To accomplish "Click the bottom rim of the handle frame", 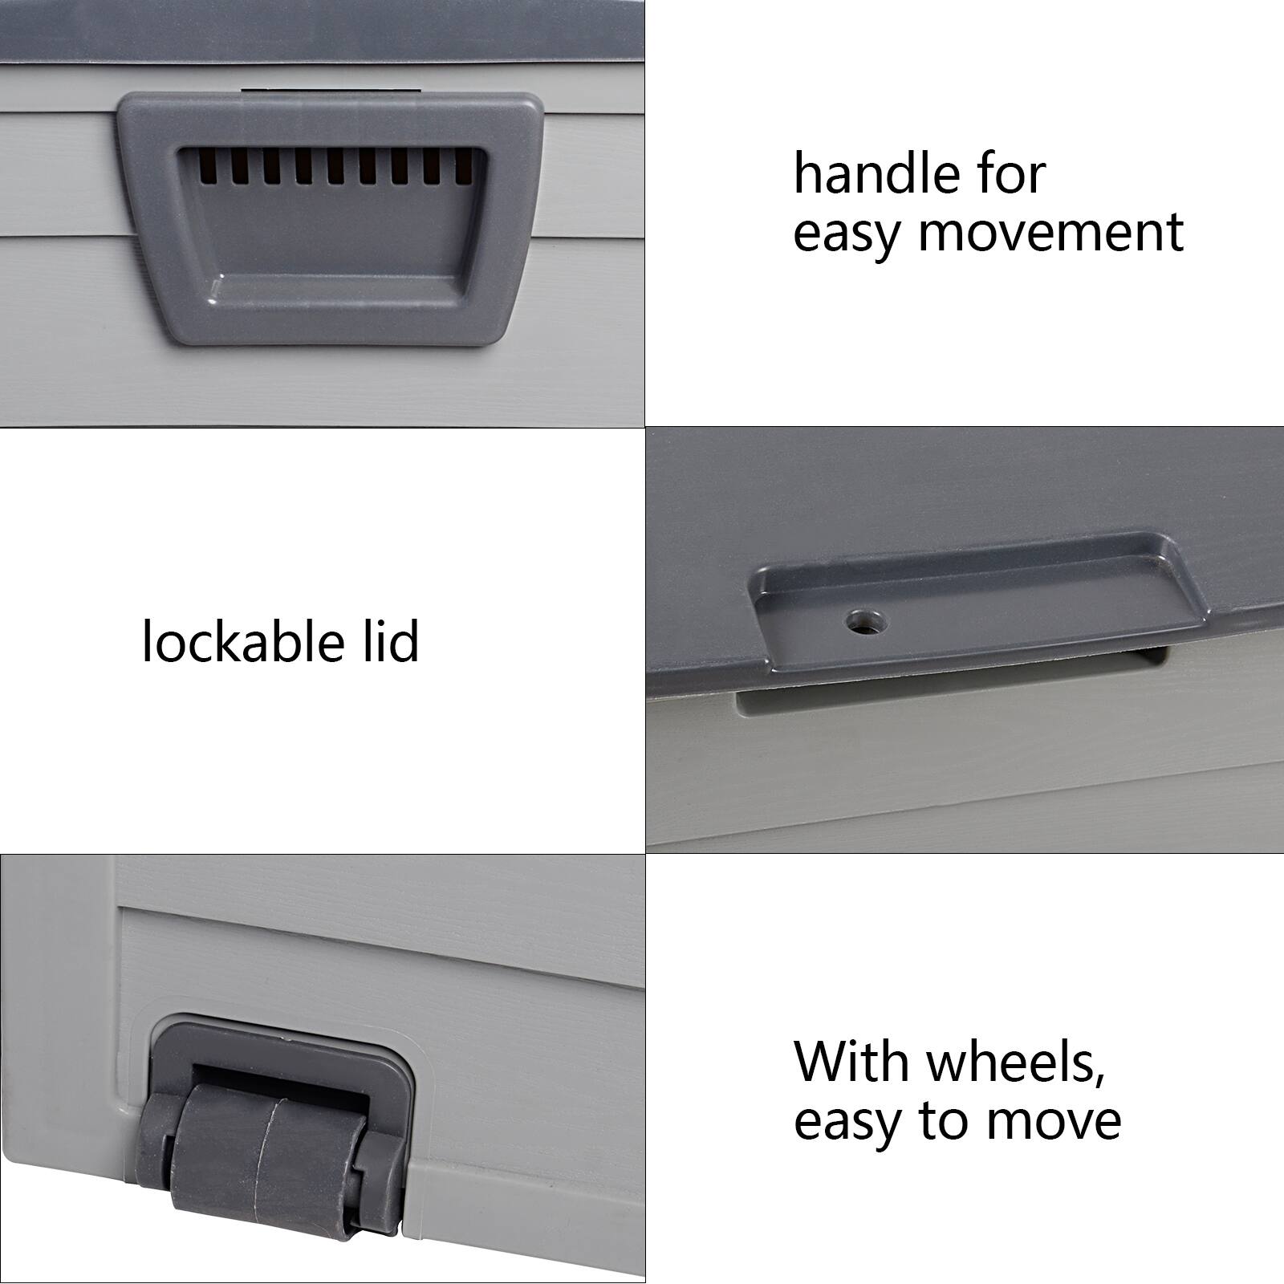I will click(x=329, y=337).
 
